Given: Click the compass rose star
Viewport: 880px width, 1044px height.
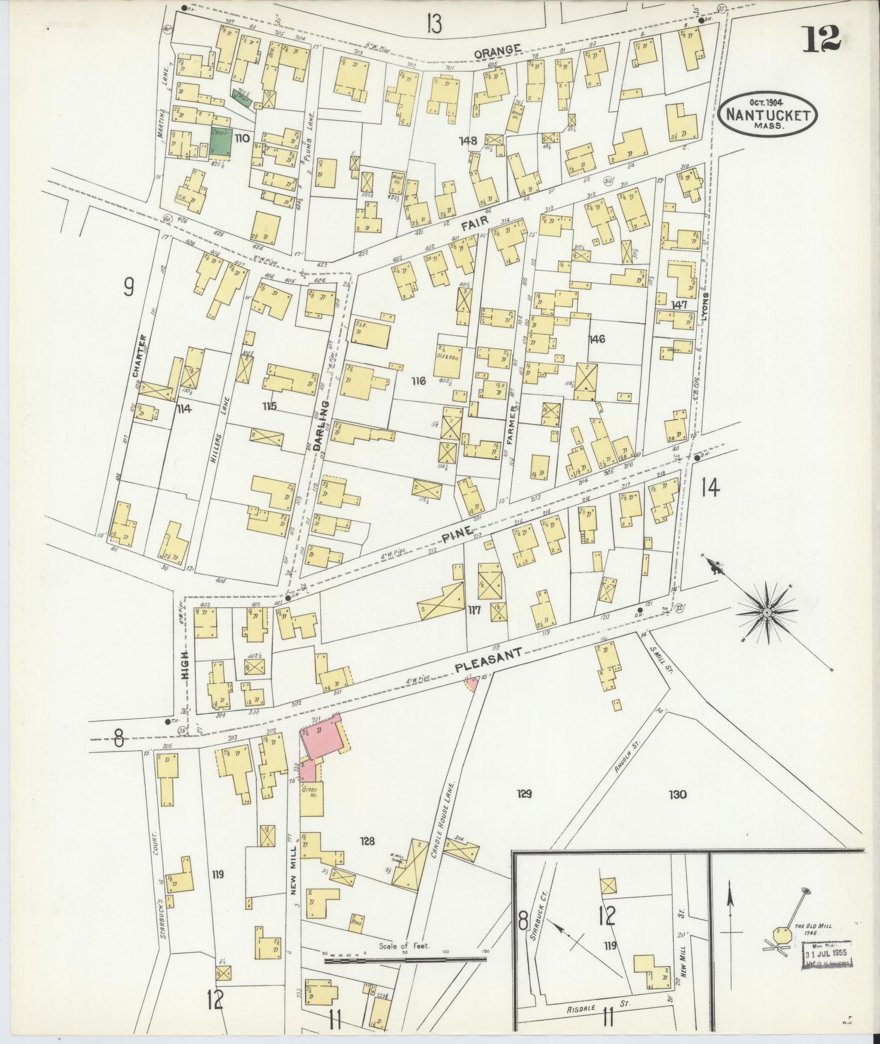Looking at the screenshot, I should point(767,613).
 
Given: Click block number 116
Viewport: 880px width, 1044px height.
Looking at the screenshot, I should point(418,381).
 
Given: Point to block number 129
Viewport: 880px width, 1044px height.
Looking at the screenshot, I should point(524,794).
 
